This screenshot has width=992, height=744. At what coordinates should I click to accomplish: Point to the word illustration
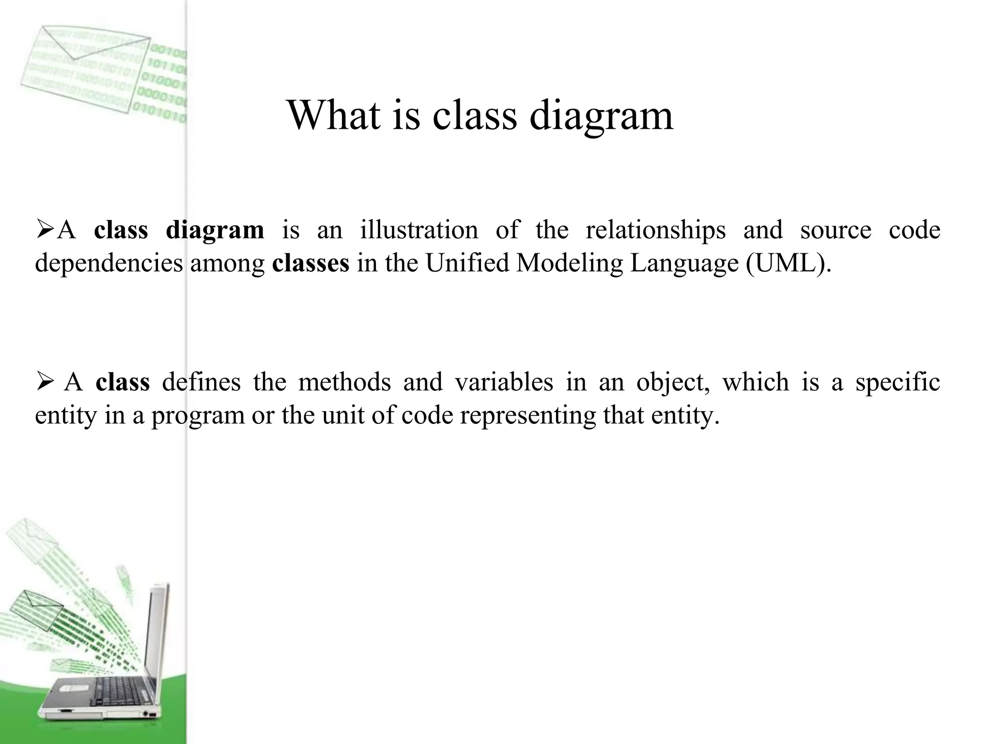point(418,230)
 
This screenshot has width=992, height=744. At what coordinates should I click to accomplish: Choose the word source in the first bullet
point(836,230)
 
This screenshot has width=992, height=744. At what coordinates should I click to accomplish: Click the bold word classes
point(310,263)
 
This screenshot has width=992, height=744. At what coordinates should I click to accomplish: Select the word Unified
point(467,263)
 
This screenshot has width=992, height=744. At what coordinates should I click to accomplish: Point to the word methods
point(344,382)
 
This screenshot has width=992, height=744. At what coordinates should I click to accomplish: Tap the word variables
point(504,382)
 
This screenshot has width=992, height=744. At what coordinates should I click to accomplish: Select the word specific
point(898,382)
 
